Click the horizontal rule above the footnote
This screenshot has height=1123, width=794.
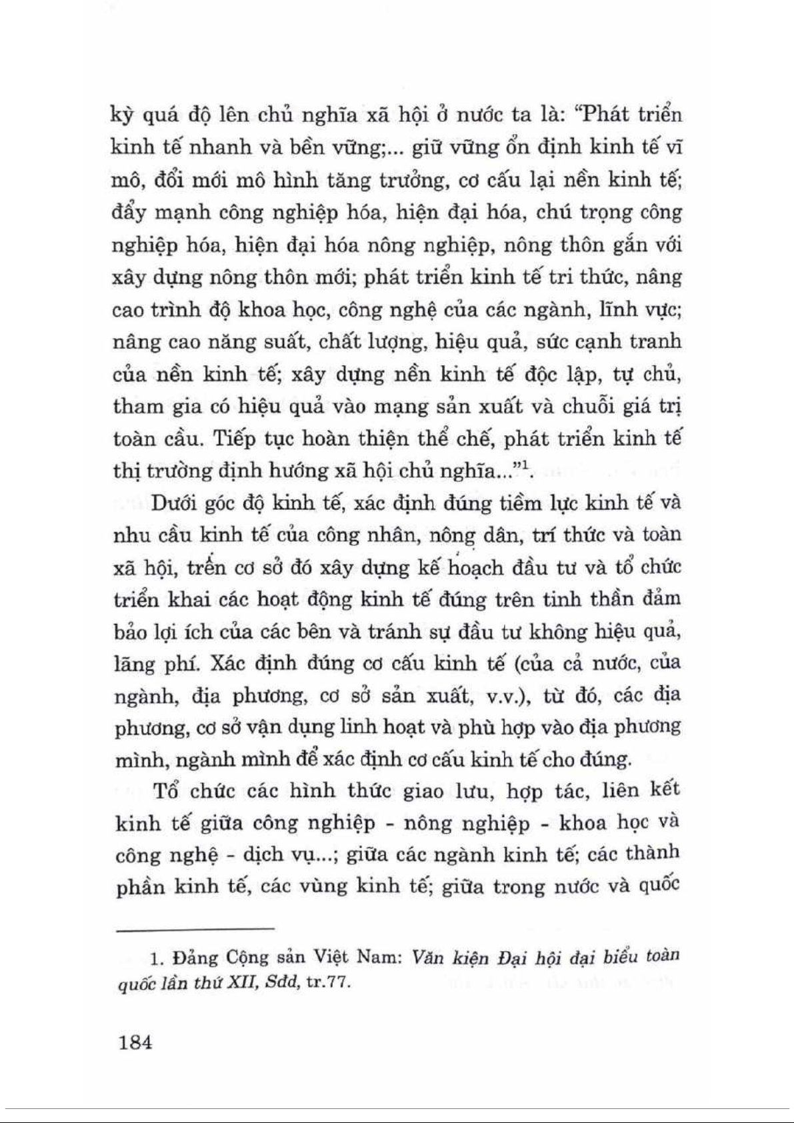195,928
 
